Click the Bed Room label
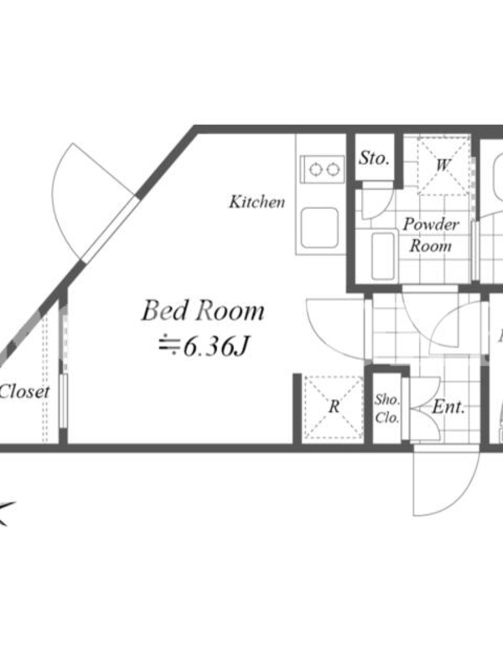tap(203, 310)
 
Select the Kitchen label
tap(257, 201)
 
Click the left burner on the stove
tap(316, 170)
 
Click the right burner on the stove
tap(332, 170)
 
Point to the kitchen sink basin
tap(320, 227)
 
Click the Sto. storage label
tap(374, 159)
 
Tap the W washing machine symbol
tap(443, 165)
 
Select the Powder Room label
tap(431, 235)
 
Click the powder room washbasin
tap(383, 256)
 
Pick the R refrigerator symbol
tap(333, 407)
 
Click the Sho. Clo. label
tap(387, 408)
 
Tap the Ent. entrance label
tap(448, 407)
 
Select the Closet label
tap(24, 392)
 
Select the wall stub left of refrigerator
tap(297, 408)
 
